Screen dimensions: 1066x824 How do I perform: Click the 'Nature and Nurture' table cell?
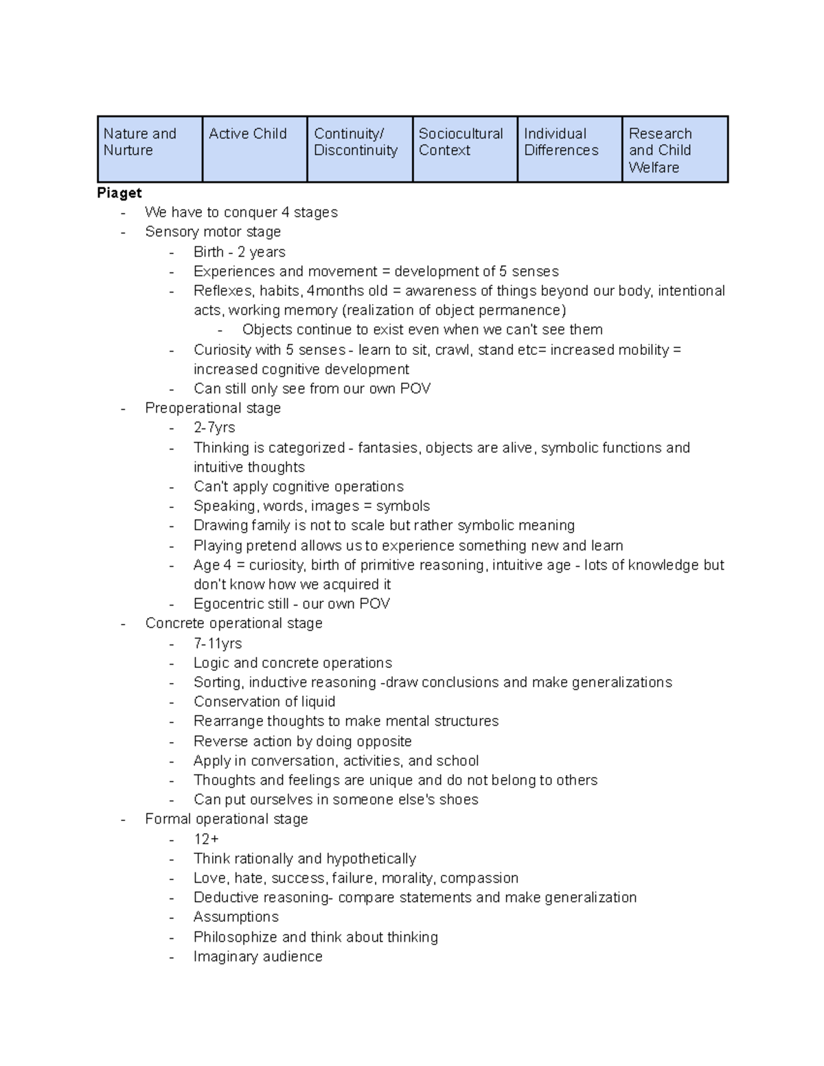[150, 149]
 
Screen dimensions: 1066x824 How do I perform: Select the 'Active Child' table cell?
[255, 149]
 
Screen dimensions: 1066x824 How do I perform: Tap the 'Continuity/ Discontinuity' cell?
[359, 149]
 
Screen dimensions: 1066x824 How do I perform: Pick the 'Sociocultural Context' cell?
[464, 149]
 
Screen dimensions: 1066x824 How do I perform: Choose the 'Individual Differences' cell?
[569, 149]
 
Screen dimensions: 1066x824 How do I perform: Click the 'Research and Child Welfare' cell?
[674, 150]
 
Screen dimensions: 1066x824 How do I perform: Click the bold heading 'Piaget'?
[119, 193]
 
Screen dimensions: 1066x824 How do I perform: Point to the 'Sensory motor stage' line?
[213, 232]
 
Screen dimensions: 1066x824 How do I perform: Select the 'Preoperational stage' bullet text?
[213, 408]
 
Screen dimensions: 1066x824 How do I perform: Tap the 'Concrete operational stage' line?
[233, 623]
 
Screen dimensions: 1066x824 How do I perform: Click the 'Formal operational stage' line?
[227, 819]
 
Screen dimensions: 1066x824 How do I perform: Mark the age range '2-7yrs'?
[214, 428]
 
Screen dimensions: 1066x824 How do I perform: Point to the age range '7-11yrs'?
[218, 643]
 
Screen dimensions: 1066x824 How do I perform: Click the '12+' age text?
[206, 839]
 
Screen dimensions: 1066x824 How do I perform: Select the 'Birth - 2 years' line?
[239, 252]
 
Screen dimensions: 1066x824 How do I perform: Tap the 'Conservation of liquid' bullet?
[264, 702]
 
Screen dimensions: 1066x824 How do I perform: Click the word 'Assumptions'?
[236, 917]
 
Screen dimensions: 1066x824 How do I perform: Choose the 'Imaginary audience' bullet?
[257, 956]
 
